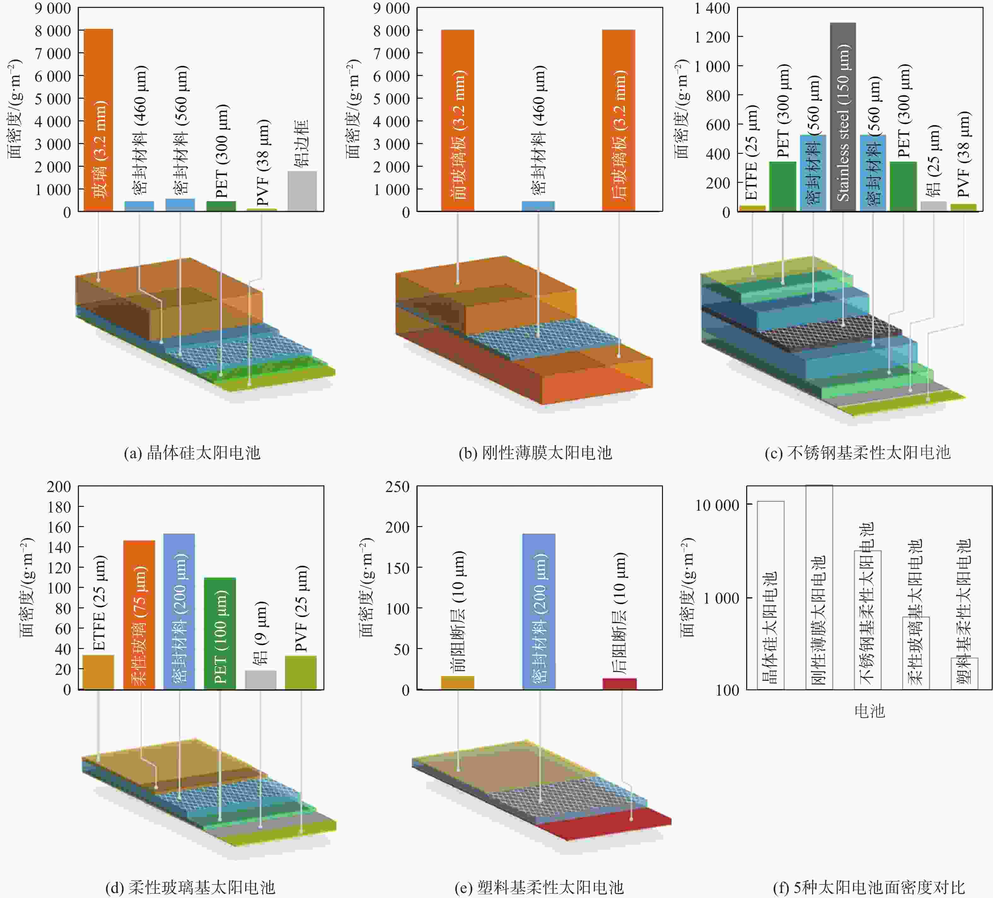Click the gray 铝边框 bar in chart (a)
click(302, 191)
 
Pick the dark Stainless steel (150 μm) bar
click(843, 117)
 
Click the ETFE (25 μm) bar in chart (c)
click(752, 208)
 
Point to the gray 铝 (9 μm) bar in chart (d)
click(261, 680)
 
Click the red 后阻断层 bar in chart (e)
click(620, 684)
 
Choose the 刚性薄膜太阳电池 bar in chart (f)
click(819, 586)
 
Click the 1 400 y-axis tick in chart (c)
click(712, 9)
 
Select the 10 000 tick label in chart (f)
click(717, 505)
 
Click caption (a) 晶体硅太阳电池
click(192, 453)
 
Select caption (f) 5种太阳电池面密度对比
click(869, 887)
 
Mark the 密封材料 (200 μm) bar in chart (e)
click(539, 611)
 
